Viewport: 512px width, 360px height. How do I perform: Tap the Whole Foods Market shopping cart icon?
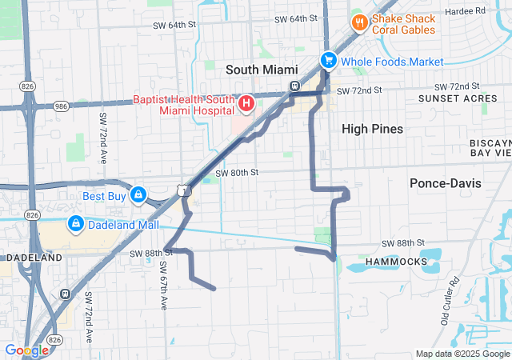pyautogui.click(x=328, y=60)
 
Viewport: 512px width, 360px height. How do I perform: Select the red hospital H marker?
pyautogui.click(x=246, y=103)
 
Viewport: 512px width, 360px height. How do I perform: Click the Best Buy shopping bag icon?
pyautogui.click(x=138, y=194)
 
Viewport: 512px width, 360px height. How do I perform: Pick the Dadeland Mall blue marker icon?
pyautogui.click(x=76, y=225)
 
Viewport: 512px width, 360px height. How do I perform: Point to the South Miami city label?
pyautogui.click(x=262, y=70)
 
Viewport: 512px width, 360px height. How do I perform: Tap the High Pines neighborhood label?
pyautogui.click(x=372, y=129)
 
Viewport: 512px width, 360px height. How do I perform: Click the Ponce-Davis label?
pyautogui.click(x=446, y=183)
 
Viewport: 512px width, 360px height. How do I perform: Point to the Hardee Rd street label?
pyautogui.click(x=490, y=11)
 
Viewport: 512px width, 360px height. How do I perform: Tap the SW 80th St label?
pyautogui.click(x=237, y=172)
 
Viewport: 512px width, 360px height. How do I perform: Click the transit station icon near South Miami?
pyautogui.click(x=294, y=86)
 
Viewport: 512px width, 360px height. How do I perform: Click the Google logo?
pyautogui.click(x=26, y=350)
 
